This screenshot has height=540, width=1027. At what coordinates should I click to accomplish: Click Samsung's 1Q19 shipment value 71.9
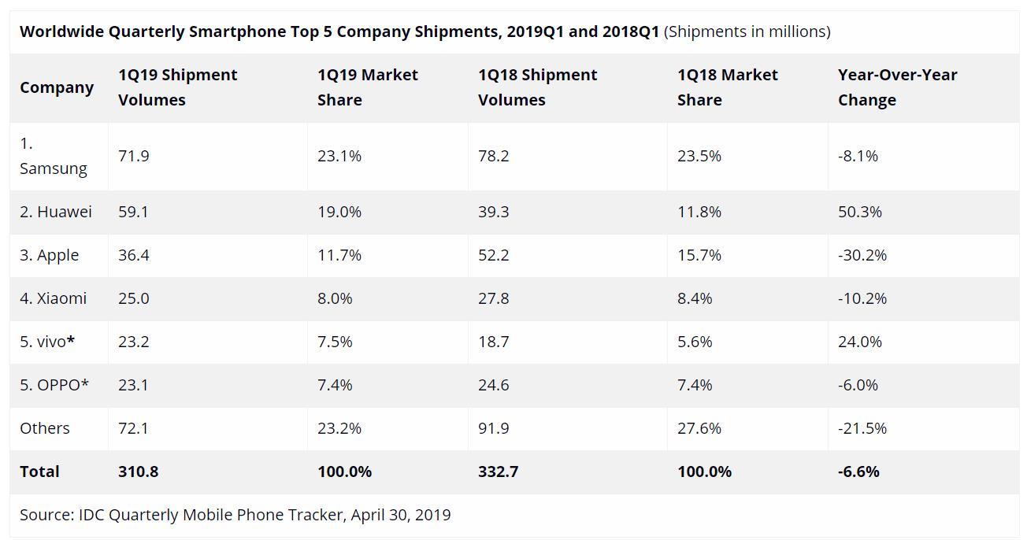[x=134, y=156]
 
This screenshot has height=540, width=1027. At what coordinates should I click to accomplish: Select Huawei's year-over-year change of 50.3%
[x=860, y=212]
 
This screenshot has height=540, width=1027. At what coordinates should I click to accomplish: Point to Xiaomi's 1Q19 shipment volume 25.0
[x=134, y=298]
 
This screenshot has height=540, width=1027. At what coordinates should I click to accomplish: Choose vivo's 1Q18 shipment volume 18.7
[x=493, y=342]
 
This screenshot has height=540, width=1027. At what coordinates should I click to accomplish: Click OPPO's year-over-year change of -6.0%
[x=858, y=385]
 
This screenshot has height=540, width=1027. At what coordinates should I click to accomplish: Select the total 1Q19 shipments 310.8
[x=138, y=472]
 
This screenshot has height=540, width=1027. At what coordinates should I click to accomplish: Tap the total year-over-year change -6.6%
[x=858, y=472]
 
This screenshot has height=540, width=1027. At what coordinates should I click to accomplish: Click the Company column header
[x=57, y=87]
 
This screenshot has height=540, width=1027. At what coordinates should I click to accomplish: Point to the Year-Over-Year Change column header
[x=897, y=87]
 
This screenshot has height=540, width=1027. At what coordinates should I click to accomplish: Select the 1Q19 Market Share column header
[x=368, y=87]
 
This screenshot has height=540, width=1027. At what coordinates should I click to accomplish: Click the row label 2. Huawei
[x=56, y=212]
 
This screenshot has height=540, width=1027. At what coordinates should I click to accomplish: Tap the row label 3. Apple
[x=50, y=255]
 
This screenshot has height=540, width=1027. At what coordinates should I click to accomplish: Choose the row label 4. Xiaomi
[x=54, y=298]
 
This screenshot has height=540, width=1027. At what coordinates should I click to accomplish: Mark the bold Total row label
[x=39, y=472]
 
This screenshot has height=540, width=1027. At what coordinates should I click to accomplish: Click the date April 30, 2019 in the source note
[x=401, y=515]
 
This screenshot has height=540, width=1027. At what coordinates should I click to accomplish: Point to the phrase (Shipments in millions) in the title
[x=747, y=31]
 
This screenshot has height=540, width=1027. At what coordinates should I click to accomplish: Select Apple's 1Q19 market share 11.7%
[x=339, y=255]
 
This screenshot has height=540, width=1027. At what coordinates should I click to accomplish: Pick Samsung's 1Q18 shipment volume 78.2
[x=493, y=156]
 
